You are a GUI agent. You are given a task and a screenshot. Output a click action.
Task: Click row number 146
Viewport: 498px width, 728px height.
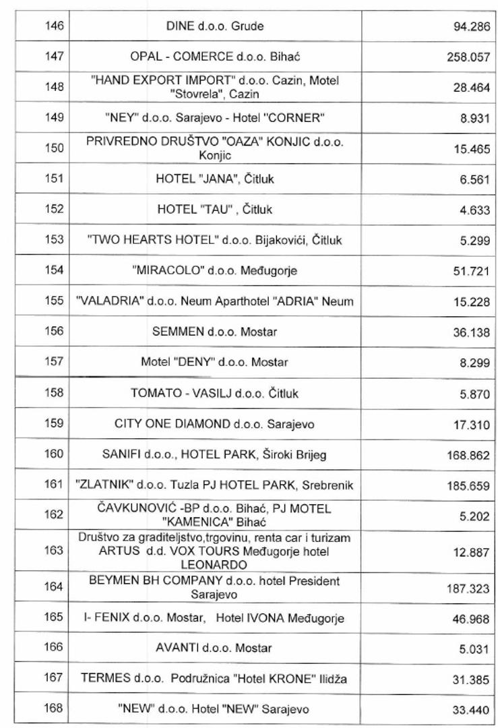point(55,26)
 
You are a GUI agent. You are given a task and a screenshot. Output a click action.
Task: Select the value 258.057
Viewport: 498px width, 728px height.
point(468,57)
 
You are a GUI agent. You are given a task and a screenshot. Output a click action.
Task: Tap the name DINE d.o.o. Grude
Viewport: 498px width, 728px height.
point(215,26)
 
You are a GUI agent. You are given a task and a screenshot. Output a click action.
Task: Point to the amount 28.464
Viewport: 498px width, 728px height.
point(472,88)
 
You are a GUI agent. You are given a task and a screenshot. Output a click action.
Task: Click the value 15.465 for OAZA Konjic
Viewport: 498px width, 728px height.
point(472,149)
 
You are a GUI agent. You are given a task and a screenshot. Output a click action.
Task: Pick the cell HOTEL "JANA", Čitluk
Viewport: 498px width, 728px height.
point(215,179)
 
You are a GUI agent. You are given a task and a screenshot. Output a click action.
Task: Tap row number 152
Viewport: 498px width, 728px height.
point(55,210)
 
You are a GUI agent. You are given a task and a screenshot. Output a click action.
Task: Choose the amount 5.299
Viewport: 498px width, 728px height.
point(474,241)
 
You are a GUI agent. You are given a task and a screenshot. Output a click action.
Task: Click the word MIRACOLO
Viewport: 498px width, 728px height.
point(162,270)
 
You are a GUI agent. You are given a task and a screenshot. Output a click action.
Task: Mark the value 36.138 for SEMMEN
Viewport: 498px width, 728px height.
point(472,332)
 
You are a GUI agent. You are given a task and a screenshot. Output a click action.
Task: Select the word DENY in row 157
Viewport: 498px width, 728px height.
point(193,362)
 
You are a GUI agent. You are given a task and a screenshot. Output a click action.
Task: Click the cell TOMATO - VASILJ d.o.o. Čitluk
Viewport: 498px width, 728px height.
point(215,393)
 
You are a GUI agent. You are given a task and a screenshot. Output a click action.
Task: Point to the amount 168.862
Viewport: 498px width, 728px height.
point(468,455)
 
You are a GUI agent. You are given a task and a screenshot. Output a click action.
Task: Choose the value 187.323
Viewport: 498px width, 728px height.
point(468,588)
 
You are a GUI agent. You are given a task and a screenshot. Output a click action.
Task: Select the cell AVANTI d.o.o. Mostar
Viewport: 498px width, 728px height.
point(215,648)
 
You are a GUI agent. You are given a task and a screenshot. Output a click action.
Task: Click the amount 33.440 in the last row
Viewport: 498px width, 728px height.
point(472,710)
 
